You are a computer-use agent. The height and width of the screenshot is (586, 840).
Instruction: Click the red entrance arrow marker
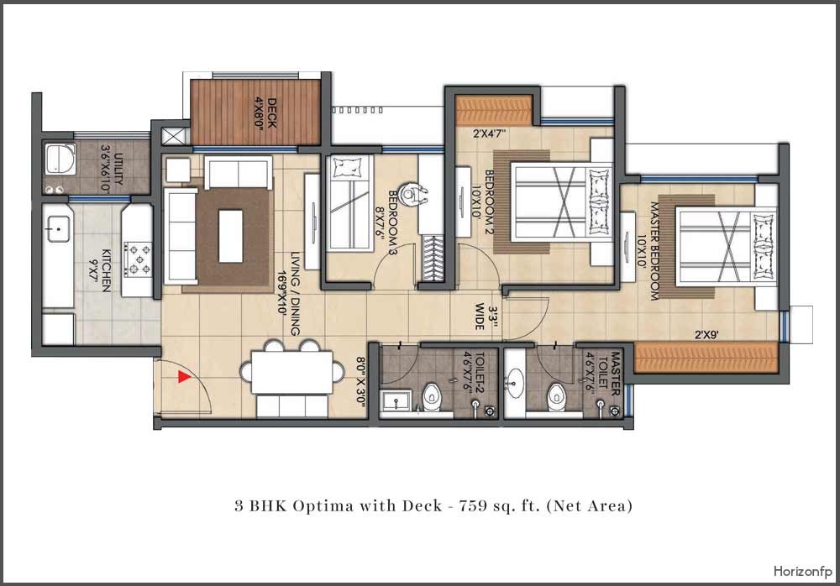point(184,377)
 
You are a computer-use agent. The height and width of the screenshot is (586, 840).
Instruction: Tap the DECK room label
point(272,112)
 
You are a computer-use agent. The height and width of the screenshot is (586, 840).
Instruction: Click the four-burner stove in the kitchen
point(139,259)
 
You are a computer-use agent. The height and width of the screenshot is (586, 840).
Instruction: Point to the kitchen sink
point(57,228)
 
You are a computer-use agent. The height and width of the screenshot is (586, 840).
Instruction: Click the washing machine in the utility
point(60,159)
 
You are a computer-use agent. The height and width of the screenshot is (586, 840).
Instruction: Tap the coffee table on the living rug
point(231,236)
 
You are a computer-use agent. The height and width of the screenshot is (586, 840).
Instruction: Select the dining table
point(292,372)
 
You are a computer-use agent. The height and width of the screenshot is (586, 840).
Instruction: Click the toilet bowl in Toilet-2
point(431,396)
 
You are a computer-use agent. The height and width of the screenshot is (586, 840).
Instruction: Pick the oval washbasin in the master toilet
point(516,383)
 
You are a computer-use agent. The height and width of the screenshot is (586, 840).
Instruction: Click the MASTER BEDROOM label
point(654,251)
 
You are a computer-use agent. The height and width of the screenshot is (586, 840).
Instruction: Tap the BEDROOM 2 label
point(489,202)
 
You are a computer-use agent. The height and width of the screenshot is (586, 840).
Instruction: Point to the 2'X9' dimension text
point(706,335)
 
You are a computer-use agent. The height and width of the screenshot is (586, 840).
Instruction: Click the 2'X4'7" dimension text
point(490,133)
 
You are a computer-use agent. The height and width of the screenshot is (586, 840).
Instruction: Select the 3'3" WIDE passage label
point(486,317)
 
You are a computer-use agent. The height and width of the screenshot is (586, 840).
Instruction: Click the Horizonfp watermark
point(802,571)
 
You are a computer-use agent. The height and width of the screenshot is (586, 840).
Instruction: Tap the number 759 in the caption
point(471,505)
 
